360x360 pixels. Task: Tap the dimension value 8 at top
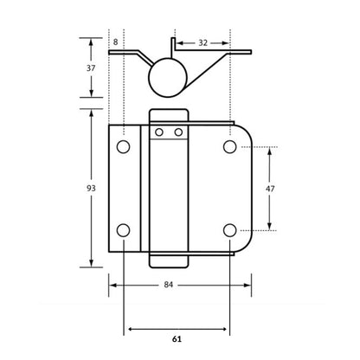point(115,41)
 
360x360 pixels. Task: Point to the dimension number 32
point(201,41)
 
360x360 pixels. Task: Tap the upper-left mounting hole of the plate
point(124,147)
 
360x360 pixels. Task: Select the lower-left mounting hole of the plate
point(124,230)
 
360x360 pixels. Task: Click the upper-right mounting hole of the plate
point(229,147)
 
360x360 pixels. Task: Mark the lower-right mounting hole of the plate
point(229,230)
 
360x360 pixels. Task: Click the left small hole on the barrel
point(159,132)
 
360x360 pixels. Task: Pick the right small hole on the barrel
point(177,132)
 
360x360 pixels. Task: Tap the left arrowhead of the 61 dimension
point(128,329)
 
